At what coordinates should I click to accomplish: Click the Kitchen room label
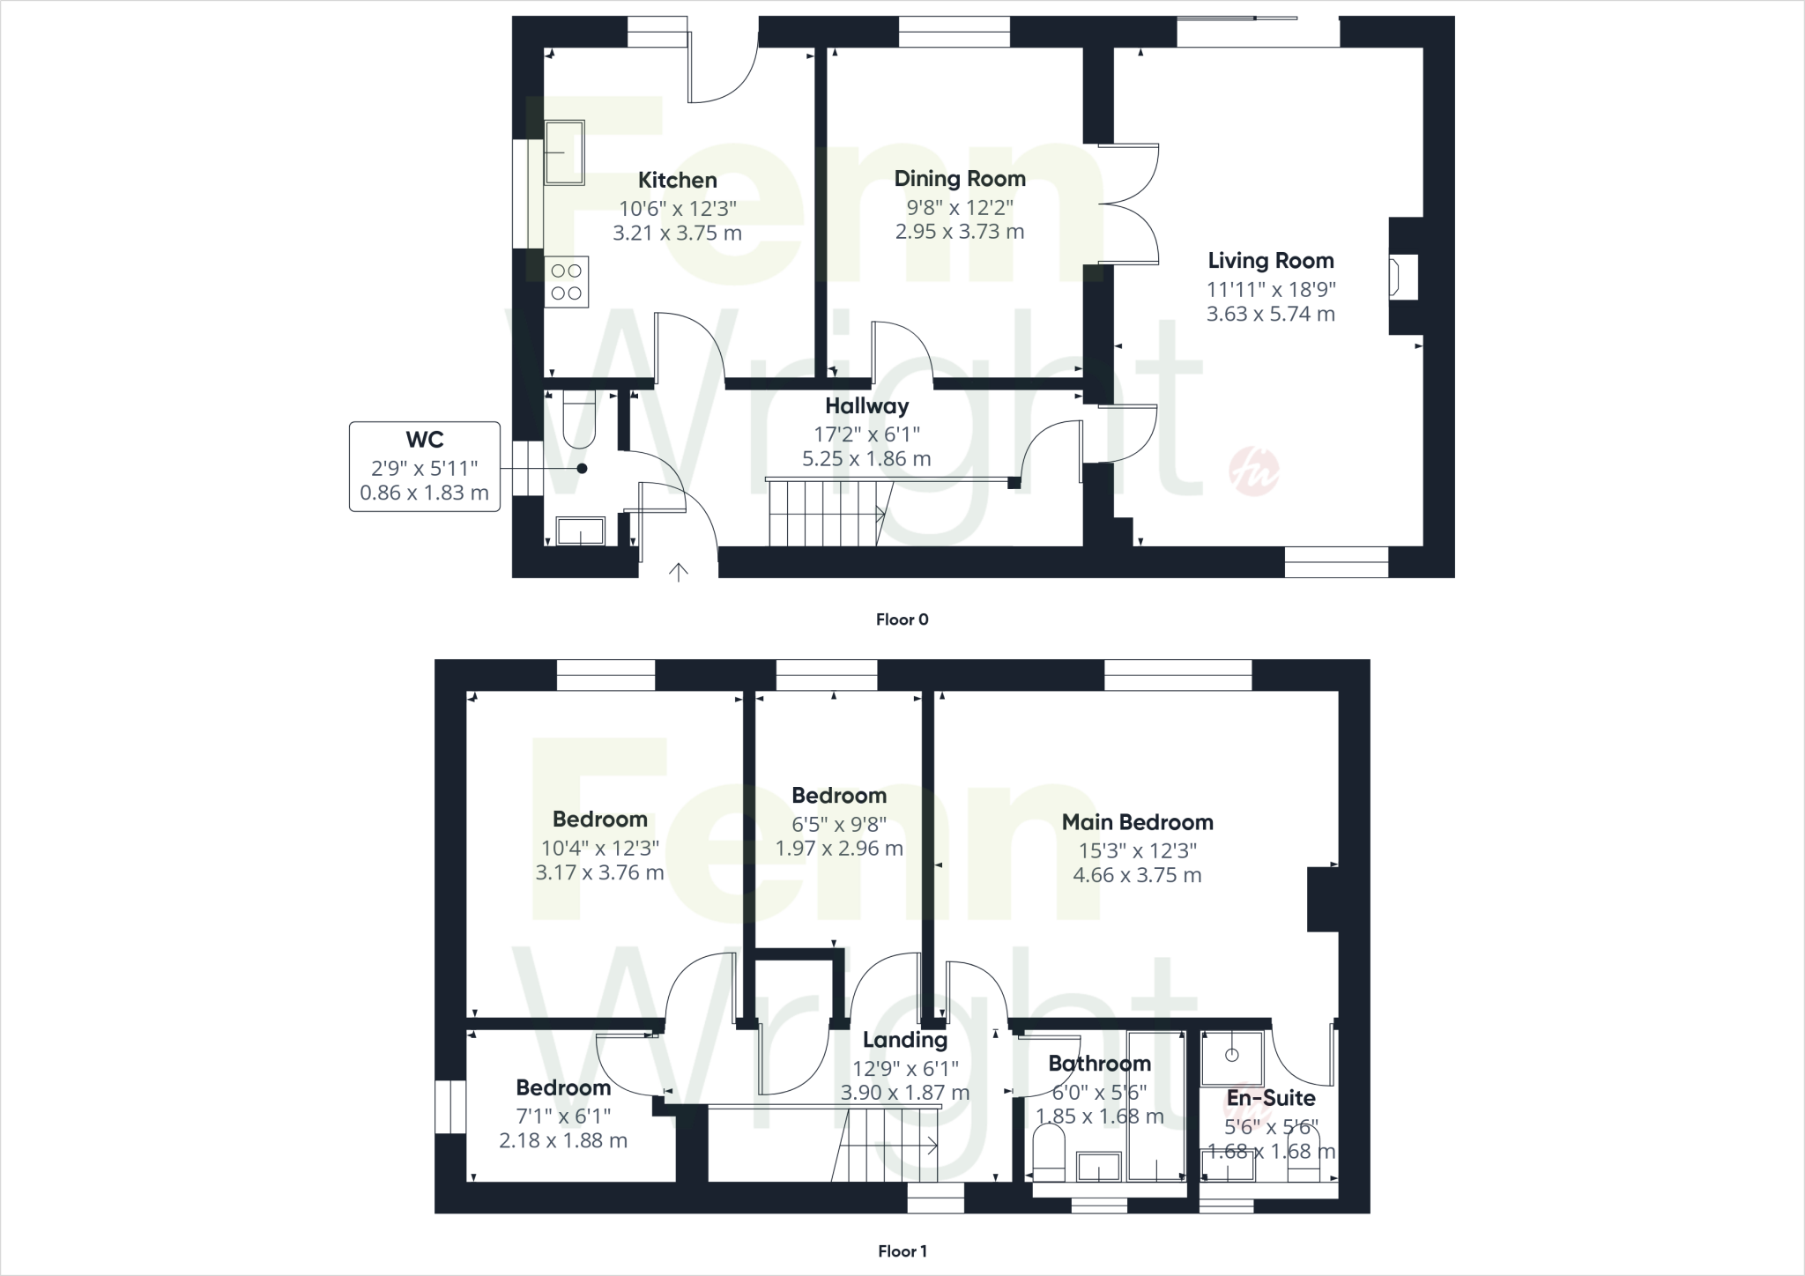(x=677, y=181)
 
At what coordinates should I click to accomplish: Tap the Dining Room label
(x=960, y=179)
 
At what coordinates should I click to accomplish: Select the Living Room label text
(x=1270, y=261)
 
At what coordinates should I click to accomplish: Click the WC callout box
(x=425, y=466)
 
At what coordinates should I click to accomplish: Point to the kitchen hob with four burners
(x=566, y=282)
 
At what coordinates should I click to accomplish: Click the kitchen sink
(x=563, y=153)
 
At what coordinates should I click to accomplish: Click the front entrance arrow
(x=678, y=573)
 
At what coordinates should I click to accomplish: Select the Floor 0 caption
(x=902, y=619)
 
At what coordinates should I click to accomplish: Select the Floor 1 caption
(x=902, y=1251)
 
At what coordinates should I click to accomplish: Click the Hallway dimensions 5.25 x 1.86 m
(x=866, y=458)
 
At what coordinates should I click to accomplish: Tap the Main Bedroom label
(x=1137, y=822)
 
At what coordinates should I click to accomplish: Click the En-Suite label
(x=1271, y=1098)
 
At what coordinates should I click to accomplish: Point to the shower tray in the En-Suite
(x=1232, y=1057)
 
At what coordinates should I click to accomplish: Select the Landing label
(x=905, y=1040)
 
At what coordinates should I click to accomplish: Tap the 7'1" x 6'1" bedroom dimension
(x=563, y=1116)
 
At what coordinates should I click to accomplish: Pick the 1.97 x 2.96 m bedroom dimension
(x=839, y=849)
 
